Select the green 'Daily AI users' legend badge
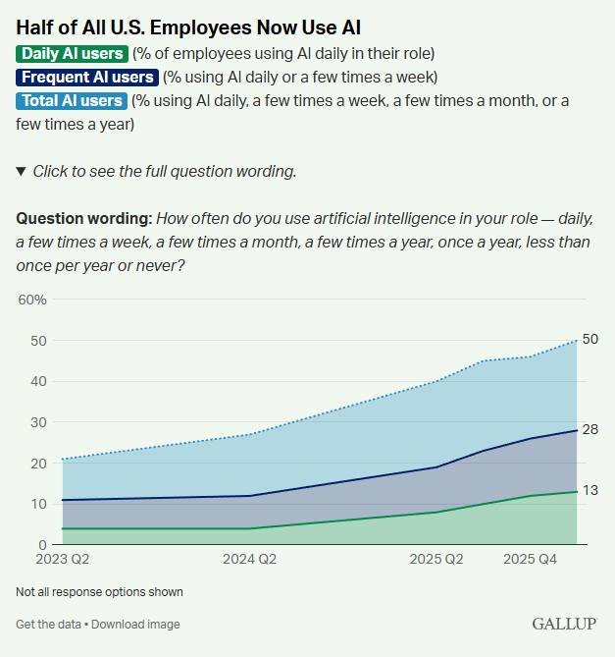(72, 53)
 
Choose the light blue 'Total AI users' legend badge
(72, 100)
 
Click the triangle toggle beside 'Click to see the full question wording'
(21, 171)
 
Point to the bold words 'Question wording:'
(83, 218)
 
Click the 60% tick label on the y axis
(32, 300)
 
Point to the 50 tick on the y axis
(38, 341)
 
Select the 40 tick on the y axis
(38, 381)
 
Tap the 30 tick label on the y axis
(38, 422)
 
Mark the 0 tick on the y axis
(42, 544)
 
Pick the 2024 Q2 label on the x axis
(249, 560)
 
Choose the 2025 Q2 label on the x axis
(435, 560)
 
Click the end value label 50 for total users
(590, 339)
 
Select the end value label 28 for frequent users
(590, 429)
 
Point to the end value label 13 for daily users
(590, 490)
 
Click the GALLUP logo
(563, 624)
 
